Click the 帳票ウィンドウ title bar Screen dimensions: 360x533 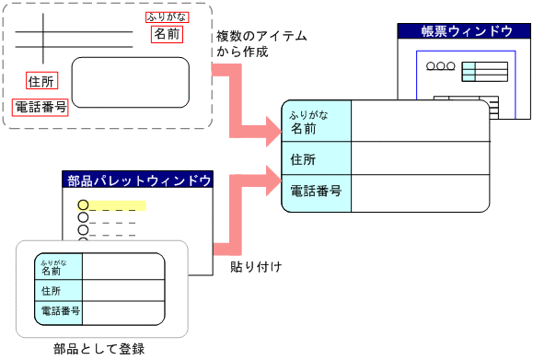(467, 31)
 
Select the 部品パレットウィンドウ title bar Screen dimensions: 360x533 (139, 180)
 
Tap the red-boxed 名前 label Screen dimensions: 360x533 (167, 35)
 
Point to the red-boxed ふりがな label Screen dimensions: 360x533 (165, 17)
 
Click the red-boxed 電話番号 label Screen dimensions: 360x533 (41, 107)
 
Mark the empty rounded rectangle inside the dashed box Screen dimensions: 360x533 (131, 83)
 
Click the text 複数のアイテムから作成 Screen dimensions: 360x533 (261, 44)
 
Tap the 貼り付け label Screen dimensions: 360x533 (255, 267)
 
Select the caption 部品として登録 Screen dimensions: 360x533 (100, 349)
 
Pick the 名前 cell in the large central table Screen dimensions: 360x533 (317, 122)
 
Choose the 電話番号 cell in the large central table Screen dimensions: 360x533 (317, 192)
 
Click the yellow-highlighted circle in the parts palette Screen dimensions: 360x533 (83, 204)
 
